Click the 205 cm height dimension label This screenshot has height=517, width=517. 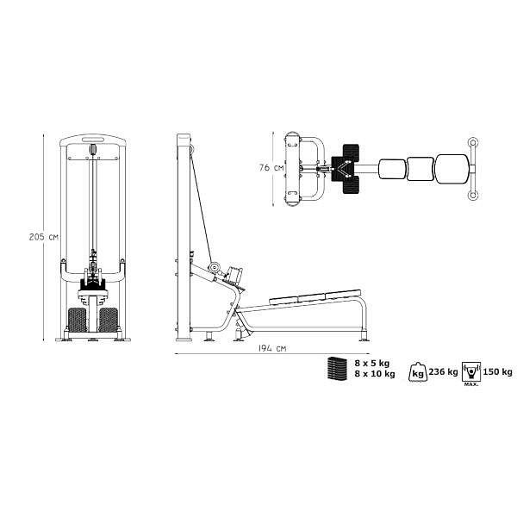44,237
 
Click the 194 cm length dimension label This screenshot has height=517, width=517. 272,348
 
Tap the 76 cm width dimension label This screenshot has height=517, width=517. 271,167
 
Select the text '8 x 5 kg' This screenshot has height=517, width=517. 372,364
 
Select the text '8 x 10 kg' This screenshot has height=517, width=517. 375,374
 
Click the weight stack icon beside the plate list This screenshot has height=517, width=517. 337,369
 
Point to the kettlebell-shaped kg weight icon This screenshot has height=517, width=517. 418,372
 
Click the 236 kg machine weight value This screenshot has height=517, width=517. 443,372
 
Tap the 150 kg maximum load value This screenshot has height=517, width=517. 497,372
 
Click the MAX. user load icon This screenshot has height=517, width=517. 471,374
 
